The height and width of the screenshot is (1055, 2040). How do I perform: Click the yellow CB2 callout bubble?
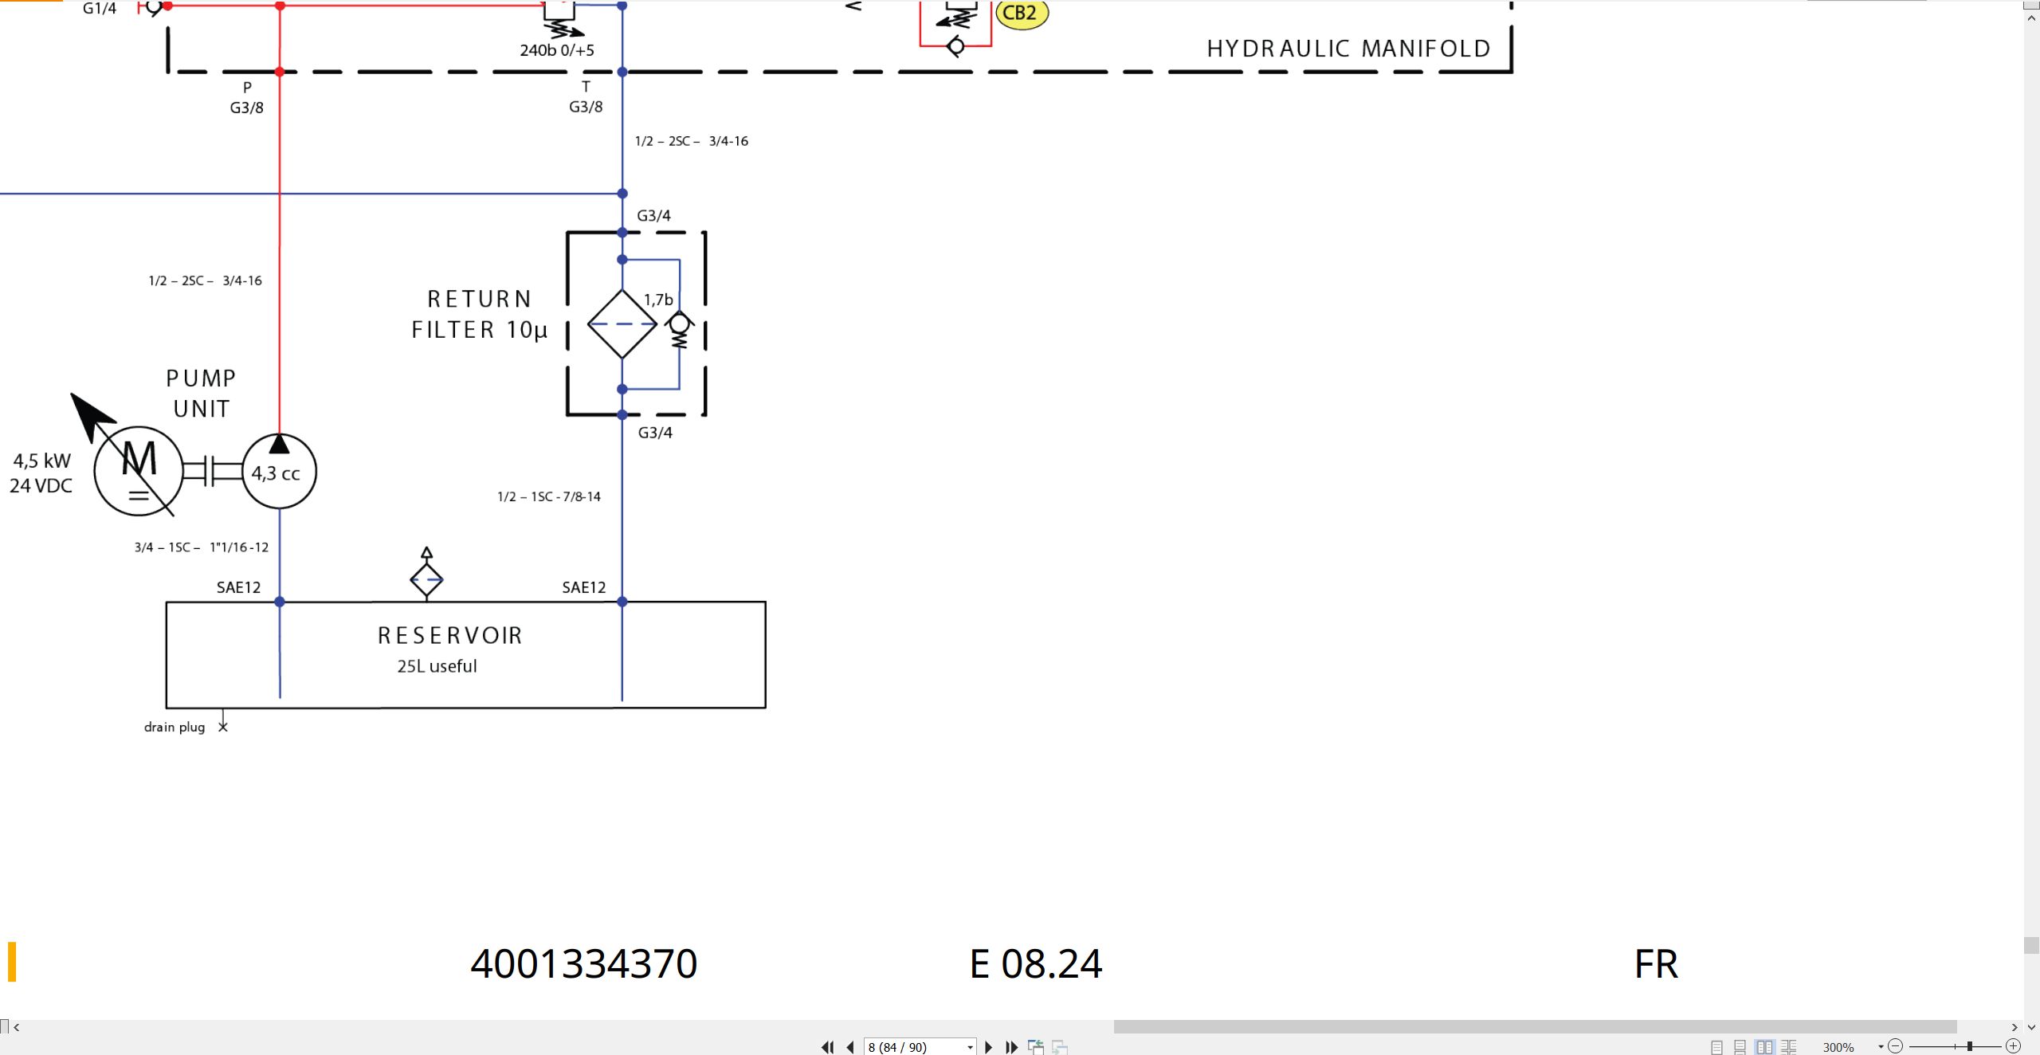point(1021,14)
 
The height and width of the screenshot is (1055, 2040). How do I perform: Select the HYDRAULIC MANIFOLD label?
point(1348,49)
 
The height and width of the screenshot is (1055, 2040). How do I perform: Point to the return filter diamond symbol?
point(622,324)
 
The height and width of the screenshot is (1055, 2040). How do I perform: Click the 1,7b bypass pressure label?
point(658,300)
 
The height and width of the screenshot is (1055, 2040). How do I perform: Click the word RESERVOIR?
point(450,635)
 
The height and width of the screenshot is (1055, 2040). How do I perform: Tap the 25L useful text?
point(437,666)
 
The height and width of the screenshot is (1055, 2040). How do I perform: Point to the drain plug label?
point(175,727)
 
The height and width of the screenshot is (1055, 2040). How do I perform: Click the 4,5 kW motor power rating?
point(42,461)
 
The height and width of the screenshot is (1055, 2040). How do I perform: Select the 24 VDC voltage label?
point(41,485)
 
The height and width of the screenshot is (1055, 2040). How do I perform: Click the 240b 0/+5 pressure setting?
point(557,50)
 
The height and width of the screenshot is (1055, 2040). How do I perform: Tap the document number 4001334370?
point(584,963)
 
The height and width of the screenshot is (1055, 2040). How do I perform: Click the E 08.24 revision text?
point(1036,963)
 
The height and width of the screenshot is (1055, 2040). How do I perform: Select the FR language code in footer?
point(1656,964)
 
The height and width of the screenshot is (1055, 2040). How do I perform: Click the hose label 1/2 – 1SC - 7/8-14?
point(549,496)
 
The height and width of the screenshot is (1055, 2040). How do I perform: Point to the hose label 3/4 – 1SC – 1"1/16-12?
point(202,547)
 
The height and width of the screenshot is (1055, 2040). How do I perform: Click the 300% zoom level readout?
point(1838,1047)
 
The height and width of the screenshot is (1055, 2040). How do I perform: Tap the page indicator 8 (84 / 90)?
point(897,1047)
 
